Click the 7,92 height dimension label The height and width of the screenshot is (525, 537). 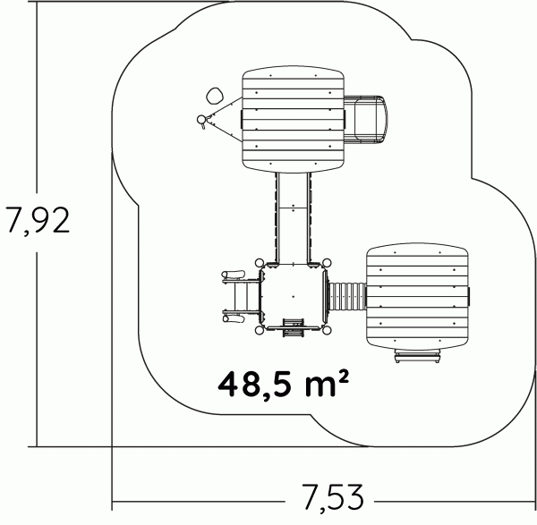coord(38,220)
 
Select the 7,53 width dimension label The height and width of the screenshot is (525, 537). coord(333,498)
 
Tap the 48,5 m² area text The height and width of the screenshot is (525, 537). coord(284,385)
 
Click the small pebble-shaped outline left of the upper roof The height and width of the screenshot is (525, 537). coord(215,96)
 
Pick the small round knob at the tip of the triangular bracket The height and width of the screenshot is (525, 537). coord(201,119)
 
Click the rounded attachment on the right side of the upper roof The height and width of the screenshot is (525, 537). coord(366,120)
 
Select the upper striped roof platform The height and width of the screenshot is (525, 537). coord(293,119)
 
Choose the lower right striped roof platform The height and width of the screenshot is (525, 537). coord(417,296)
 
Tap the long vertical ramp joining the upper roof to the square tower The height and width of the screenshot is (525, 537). coord(294,217)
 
